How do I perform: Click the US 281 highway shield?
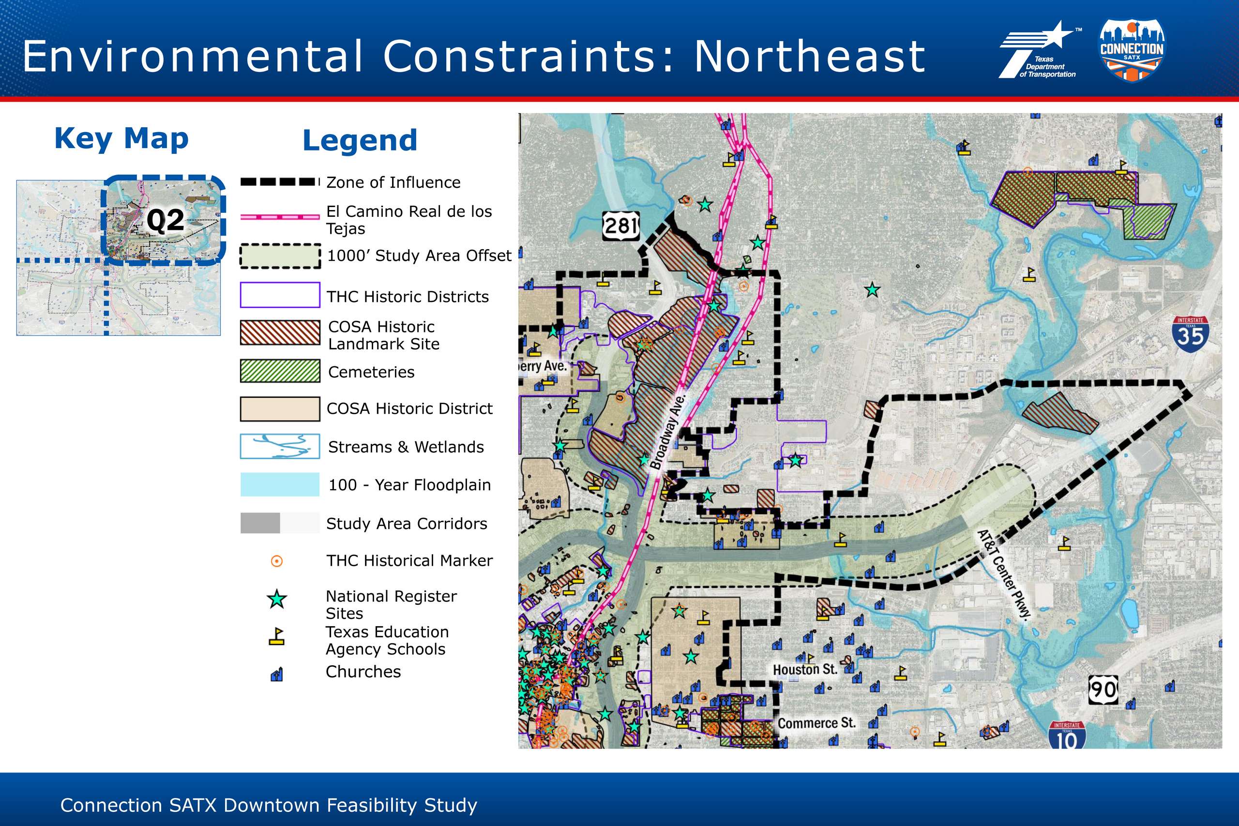621,225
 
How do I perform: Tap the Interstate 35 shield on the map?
1190,334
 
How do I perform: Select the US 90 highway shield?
1103,689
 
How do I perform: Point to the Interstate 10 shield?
1067,736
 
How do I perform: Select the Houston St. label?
805,670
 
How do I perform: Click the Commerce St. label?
816,723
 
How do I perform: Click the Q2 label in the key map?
166,220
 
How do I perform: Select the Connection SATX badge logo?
1132,50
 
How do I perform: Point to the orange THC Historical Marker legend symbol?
276,561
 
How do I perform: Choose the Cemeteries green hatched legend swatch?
280,371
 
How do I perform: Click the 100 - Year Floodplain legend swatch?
280,484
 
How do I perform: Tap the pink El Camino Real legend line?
280,216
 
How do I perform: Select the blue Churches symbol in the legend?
276,674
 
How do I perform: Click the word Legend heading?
360,140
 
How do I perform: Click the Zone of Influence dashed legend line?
280,182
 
